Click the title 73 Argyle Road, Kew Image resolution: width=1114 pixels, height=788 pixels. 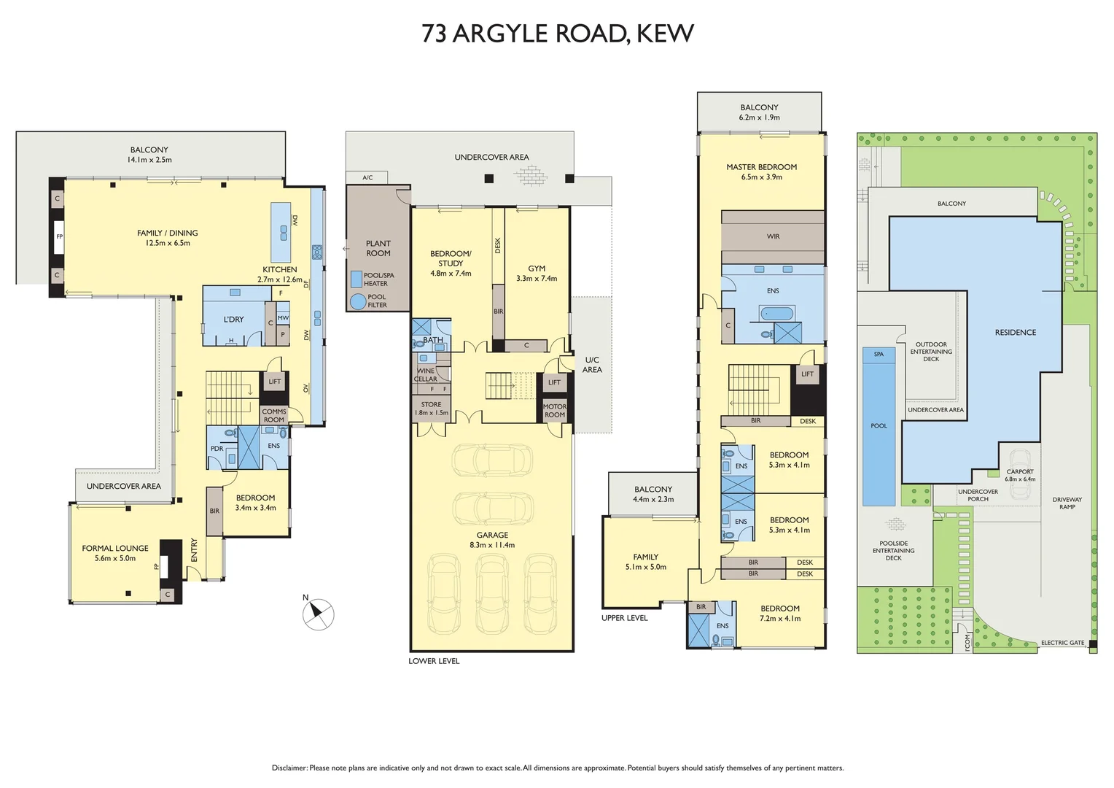click(557, 34)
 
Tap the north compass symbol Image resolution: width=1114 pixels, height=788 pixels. click(319, 614)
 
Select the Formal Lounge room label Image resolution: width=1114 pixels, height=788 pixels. click(115, 548)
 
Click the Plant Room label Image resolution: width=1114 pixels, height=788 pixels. click(378, 248)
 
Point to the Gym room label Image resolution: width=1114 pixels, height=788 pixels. click(537, 269)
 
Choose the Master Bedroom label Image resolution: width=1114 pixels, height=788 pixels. click(761, 167)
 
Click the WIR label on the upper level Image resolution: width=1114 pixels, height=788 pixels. click(773, 236)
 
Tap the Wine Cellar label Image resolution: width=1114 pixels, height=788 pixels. click(426, 375)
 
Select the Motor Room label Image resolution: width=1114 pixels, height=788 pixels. click(554, 411)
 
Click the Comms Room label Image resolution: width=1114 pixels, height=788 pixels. click(274, 415)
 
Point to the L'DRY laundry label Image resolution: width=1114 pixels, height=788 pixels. click(233, 320)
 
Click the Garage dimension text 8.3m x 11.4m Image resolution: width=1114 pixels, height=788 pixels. click(492, 545)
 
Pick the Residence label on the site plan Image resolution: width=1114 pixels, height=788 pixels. click(1015, 333)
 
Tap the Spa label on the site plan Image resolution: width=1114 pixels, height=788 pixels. click(879, 355)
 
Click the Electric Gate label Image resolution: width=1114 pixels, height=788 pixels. click(1062, 643)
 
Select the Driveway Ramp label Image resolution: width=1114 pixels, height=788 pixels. click(1067, 503)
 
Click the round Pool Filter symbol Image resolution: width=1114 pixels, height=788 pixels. click(357, 301)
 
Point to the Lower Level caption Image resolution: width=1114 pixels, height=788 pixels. click(434, 661)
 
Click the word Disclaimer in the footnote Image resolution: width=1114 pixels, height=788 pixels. click(289, 768)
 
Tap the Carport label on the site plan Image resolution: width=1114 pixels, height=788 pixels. click(1020, 471)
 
